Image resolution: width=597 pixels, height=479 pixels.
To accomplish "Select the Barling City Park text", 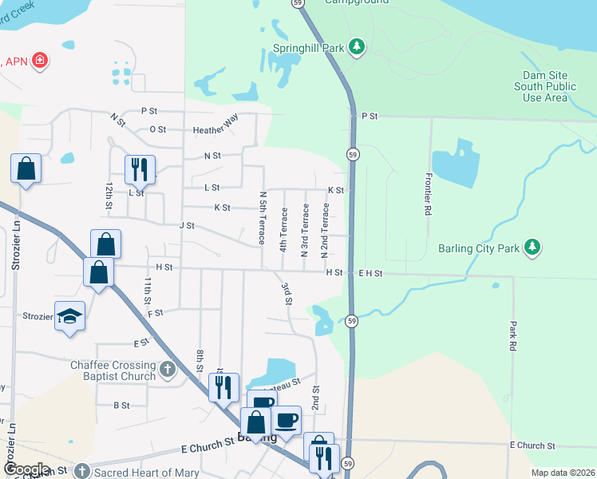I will click(479, 248).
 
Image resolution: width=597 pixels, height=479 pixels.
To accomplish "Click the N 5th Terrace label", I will click(262, 217).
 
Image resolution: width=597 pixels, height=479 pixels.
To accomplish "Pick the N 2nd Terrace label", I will click(325, 231).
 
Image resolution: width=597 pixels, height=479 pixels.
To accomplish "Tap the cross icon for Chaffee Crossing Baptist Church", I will click(167, 369).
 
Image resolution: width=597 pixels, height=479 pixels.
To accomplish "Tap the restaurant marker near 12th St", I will click(139, 168).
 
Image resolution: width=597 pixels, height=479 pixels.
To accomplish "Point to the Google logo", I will click(26, 469).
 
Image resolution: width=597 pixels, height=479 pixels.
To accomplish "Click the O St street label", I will click(157, 129).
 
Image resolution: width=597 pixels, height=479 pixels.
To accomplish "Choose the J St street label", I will click(187, 226).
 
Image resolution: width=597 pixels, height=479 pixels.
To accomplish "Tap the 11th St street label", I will click(148, 292).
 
